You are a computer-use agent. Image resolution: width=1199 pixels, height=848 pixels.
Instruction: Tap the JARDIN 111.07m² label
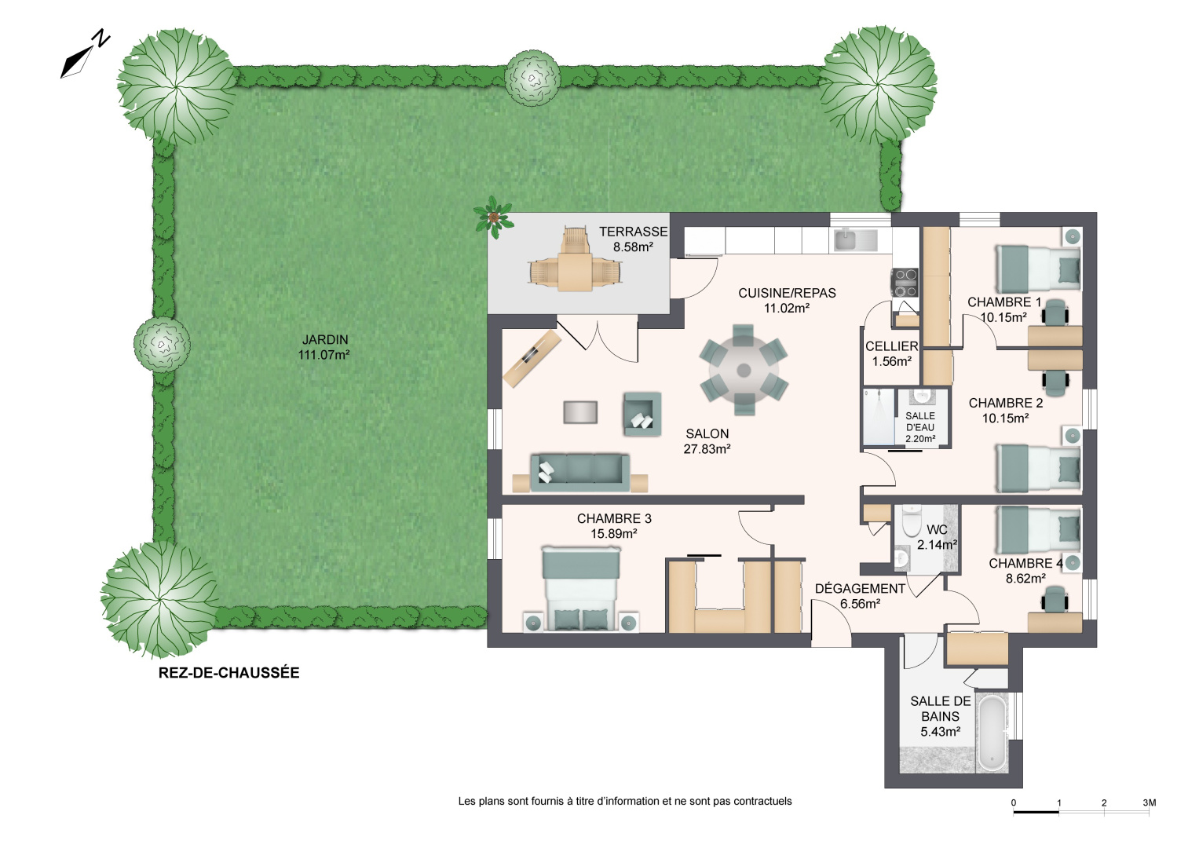[x=324, y=347]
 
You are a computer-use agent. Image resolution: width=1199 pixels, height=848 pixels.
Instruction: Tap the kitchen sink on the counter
[x=855, y=239]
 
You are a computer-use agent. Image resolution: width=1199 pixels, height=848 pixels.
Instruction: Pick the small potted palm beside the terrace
[x=493, y=216]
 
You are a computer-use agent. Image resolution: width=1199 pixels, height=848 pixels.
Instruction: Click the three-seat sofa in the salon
[x=580, y=472]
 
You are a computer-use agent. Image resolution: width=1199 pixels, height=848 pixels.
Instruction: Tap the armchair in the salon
[x=642, y=414]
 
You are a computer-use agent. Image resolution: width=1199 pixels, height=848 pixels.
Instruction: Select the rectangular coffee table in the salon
[x=580, y=412]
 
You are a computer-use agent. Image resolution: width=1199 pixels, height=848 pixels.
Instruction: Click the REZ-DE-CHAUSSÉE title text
[x=228, y=673]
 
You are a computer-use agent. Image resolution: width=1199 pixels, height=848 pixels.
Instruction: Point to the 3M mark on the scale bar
[x=1149, y=803]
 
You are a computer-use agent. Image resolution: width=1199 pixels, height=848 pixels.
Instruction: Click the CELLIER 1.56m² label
[x=892, y=354]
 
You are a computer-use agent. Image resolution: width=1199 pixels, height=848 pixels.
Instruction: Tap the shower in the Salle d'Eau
[x=879, y=417]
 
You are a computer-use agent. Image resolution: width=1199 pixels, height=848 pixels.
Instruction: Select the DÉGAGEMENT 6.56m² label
[x=860, y=596]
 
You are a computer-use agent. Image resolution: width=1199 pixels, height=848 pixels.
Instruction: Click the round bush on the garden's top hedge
[x=532, y=77]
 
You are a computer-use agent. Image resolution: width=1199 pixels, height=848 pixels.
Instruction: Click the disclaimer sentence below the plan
[x=625, y=802]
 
